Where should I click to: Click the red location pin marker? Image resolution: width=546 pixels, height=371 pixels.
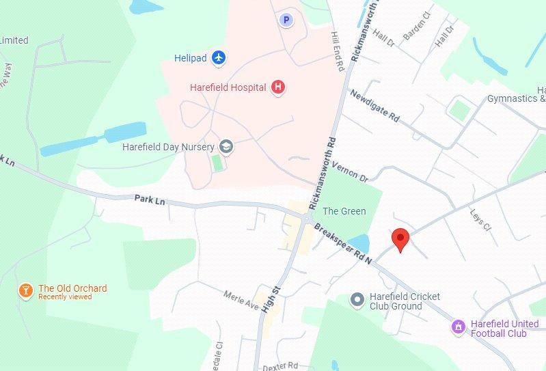click(x=400, y=239)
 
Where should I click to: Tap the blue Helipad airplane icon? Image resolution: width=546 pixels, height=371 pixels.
click(x=219, y=57)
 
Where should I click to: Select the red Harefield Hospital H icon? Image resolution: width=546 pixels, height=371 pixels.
click(x=277, y=87)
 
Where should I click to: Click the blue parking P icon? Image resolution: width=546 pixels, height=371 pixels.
click(x=286, y=20)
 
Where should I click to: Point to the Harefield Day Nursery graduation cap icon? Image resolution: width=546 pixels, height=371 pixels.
click(x=226, y=146)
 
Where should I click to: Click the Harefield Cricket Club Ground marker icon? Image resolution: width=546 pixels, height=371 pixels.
click(x=356, y=299)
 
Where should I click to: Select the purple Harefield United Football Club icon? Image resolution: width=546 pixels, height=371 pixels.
click(x=458, y=327)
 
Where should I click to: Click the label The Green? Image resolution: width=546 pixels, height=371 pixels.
click(x=344, y=211)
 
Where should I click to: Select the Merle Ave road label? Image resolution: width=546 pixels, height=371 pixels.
click(x=241, y=299)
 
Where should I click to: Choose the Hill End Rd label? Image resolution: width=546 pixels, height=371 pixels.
click(x=336, y=52)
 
